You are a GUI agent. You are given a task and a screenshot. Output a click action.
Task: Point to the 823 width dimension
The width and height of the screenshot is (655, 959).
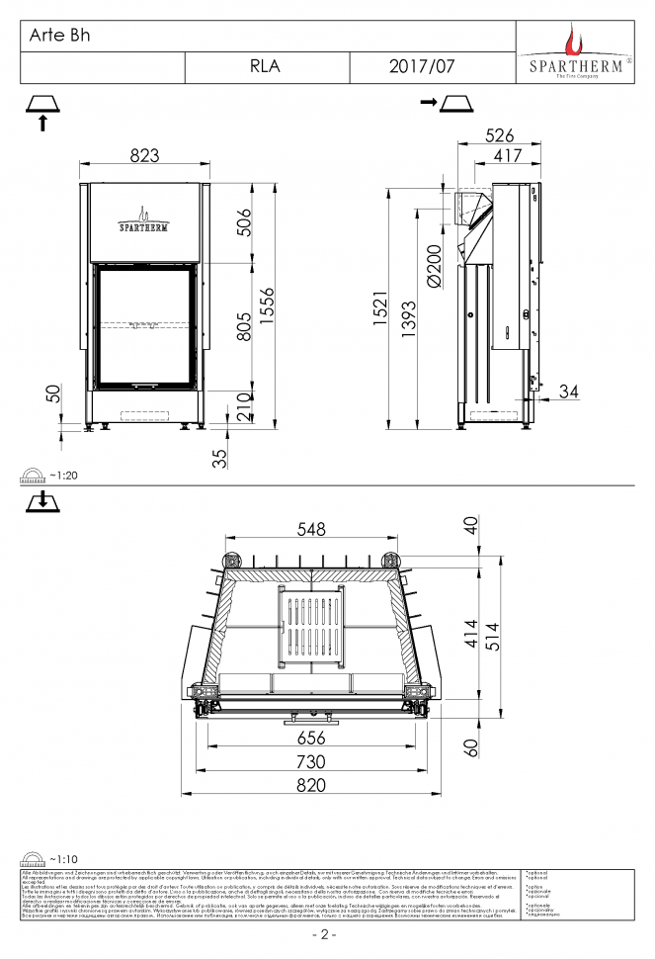[145, 154]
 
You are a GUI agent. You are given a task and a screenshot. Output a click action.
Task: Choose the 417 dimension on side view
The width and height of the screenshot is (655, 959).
[507, 156]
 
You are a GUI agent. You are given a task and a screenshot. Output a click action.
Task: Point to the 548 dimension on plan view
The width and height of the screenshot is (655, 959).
[311, 530]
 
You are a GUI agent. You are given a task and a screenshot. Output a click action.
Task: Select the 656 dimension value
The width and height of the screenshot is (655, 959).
[311, 738]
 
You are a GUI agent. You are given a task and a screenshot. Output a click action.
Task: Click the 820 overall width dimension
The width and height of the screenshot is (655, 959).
[311, 785]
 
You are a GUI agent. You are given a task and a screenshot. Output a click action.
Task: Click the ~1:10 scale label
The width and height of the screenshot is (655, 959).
[62, 859]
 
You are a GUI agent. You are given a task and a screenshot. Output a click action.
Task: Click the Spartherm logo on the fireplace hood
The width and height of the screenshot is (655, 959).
[143, 219]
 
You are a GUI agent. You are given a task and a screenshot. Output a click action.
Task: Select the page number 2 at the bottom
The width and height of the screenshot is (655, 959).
[325, 934]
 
